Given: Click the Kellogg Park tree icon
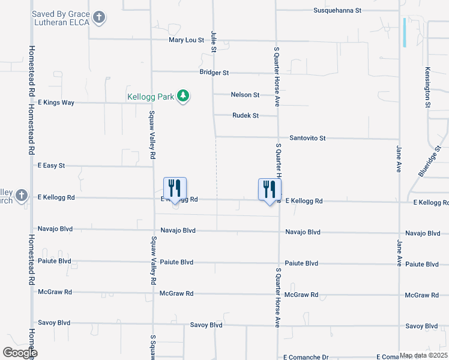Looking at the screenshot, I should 184,96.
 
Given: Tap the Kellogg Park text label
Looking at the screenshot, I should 151,97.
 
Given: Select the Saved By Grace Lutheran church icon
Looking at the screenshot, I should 100,17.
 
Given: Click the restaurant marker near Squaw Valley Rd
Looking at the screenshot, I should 175,189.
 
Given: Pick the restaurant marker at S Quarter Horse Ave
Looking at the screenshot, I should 269,189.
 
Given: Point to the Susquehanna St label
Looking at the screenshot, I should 338,10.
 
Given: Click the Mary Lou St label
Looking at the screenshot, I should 187,40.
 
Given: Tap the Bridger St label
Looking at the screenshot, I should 214,73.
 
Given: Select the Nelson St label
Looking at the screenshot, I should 245,95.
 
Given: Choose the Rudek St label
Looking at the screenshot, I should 245,115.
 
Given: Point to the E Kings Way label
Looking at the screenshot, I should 56,103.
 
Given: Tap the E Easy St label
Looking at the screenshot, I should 51,165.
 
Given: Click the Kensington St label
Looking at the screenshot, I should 429,87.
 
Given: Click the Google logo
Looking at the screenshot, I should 20,353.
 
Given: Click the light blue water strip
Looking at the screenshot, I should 405,32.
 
